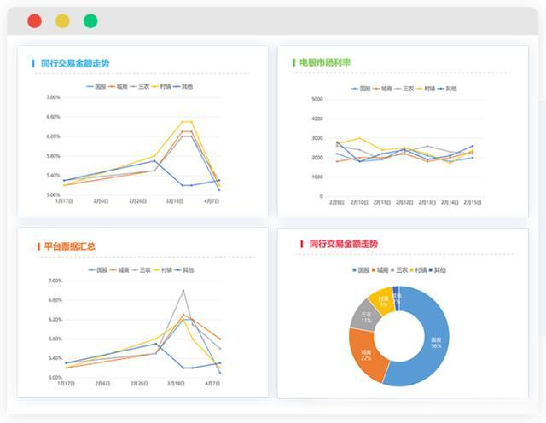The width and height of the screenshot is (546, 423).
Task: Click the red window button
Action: point(34,21)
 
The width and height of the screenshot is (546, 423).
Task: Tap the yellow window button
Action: point(62,21)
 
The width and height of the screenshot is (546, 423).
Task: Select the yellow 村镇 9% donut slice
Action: point(382,301)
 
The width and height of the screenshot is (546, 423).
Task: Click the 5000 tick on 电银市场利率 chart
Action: point(317,99)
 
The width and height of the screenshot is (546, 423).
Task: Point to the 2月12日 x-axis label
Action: point(405,202)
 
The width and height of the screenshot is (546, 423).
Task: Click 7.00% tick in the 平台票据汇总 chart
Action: point(55,281)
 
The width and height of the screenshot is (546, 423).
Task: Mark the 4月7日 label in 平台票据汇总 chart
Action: point(212,385)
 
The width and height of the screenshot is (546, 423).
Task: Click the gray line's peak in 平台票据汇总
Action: point(183,291)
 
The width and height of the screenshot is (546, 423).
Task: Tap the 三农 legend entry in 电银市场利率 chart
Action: point(404,88)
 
